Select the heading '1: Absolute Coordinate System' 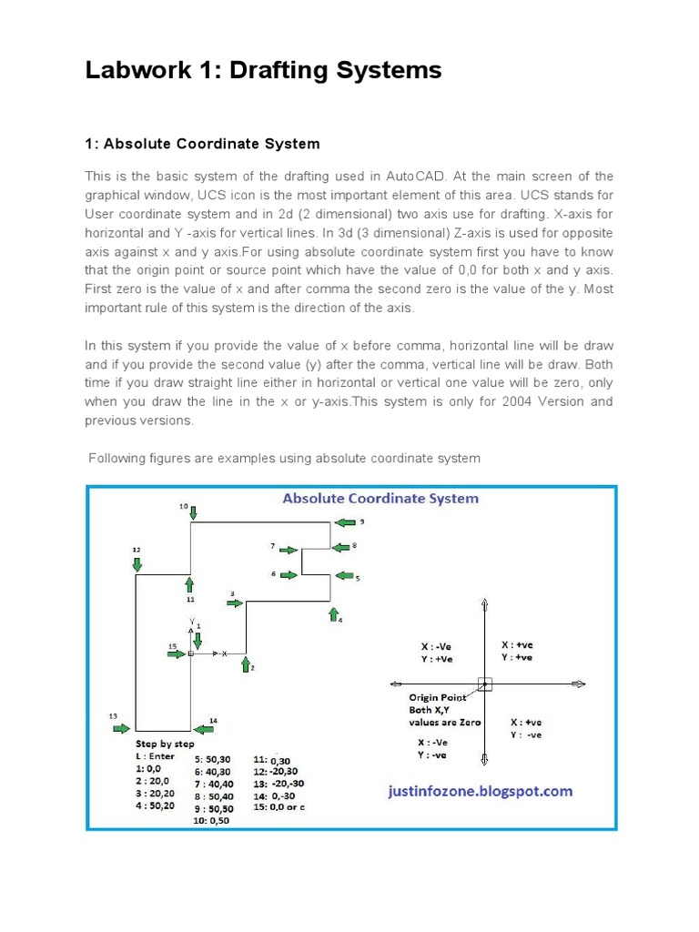pos(202,144)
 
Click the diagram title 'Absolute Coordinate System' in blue pos(380,499)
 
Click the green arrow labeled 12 pos(137,564)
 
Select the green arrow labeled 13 pos(120,728)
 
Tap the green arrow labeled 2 pos(245,665)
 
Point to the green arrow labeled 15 pos(177,653)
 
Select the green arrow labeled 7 pos(288,550)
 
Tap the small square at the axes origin pos(484,684)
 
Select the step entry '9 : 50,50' pos(213,808)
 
